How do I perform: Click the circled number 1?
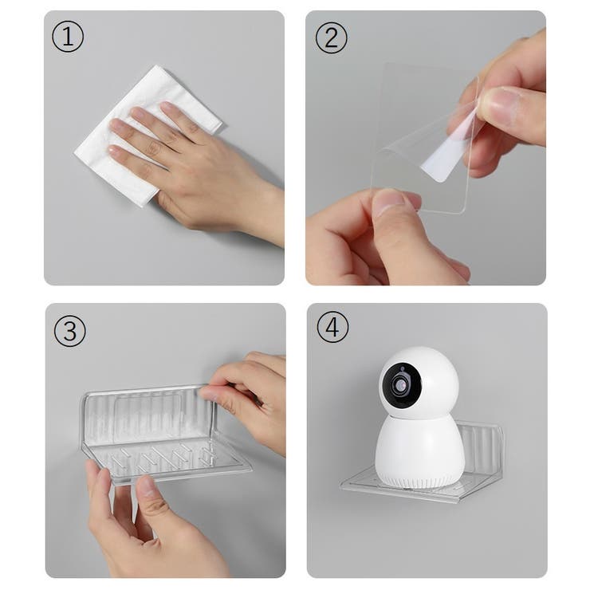68,37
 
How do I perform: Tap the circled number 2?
331,37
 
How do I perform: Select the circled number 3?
70,331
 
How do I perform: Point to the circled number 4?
332,327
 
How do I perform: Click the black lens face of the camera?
401,386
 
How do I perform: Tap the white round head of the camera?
419,383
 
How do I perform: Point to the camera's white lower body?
419,450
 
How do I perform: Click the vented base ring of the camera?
418,482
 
